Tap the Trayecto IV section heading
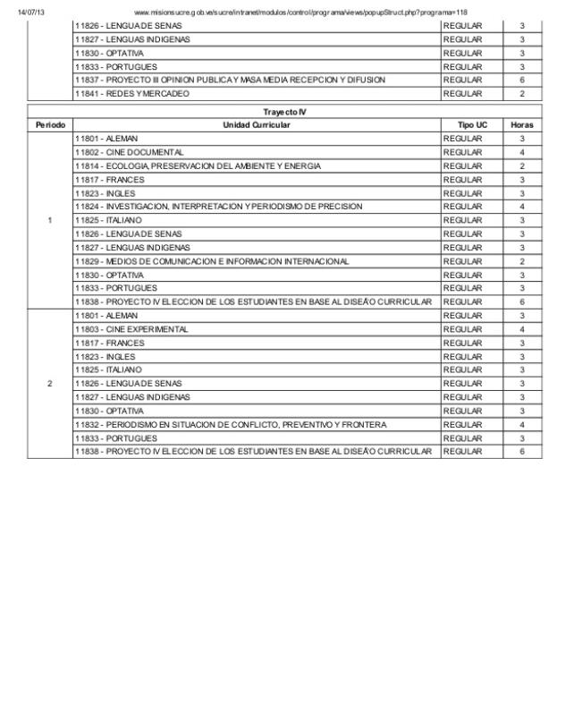tap(284, 111)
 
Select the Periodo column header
tap(50, 124)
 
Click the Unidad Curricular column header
tap(257, 124)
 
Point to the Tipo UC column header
tap(472, 124)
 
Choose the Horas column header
tap(521, 124)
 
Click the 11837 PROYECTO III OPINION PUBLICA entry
tap(231, 80)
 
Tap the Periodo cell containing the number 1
tap(50, 220)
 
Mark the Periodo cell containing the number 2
tap(50, 384)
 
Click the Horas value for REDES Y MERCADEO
tap(521, 93)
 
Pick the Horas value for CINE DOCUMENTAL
tap(521, 152)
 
